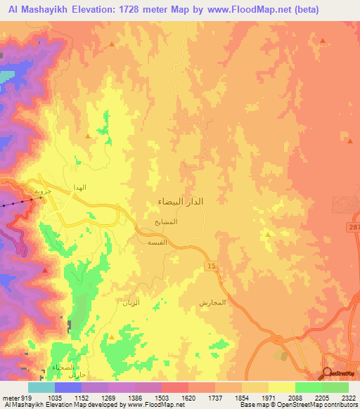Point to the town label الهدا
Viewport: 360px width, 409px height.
point(79,188)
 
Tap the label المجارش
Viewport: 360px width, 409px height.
point(212,302)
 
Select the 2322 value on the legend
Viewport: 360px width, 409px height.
point(348,398)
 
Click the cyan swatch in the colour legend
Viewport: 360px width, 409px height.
point(41,387)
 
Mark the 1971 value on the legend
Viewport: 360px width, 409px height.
point(266,398)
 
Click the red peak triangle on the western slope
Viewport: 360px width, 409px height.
point(87,136)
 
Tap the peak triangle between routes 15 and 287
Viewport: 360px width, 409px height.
point(267,234)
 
